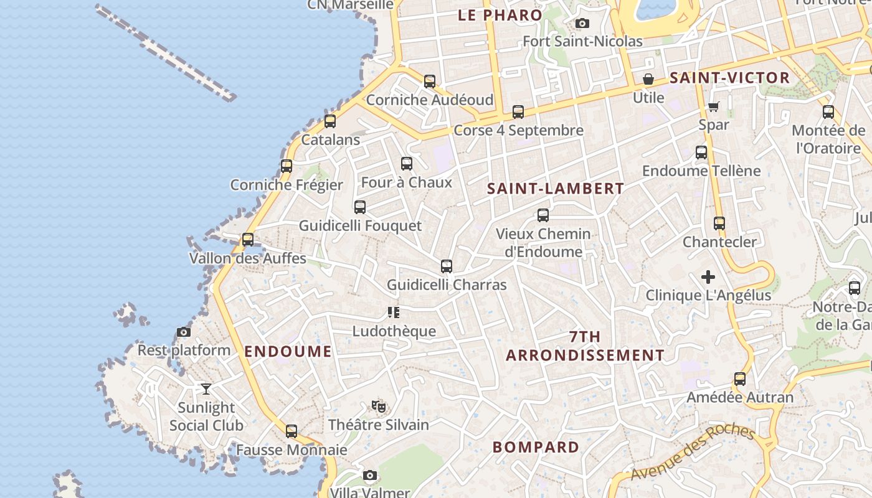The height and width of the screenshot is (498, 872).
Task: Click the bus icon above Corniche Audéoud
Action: (x=430, y=82)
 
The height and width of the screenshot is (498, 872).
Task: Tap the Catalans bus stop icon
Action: (x=330, y=121)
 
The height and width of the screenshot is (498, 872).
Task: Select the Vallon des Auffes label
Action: (x=248, y=258)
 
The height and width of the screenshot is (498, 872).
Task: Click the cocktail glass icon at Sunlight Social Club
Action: (x=206, y=389)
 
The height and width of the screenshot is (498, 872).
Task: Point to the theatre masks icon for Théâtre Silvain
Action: (x=378, y=406)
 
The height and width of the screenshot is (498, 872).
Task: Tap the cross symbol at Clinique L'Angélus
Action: (x=708, y=277)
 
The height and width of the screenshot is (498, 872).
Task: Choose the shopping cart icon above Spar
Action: (x=714, y=106)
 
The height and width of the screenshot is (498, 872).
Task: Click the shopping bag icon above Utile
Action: (x=648, y=79)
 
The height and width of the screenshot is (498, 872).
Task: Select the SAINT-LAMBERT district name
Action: (x=556, y=189)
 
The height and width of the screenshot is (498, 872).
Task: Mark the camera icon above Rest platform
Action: (x=184, y=332)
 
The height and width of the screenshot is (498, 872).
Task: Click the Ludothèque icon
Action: (x=394, y=312)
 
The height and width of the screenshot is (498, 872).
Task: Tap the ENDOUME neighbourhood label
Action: (x=288, y=352)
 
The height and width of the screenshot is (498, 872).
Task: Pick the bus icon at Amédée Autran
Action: (x=740, y=379)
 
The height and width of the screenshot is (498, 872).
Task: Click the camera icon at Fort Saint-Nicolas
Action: (x=582, y=24)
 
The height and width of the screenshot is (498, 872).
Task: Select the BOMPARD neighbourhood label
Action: (x=536, y=447)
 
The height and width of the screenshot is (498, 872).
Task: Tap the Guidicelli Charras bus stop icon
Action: (x=447, y=266)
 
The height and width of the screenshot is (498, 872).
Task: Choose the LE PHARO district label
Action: (x=500, y=16)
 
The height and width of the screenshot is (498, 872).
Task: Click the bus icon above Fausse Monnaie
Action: (x=291, y=431)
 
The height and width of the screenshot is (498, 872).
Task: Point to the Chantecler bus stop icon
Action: (x=719, y=223)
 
